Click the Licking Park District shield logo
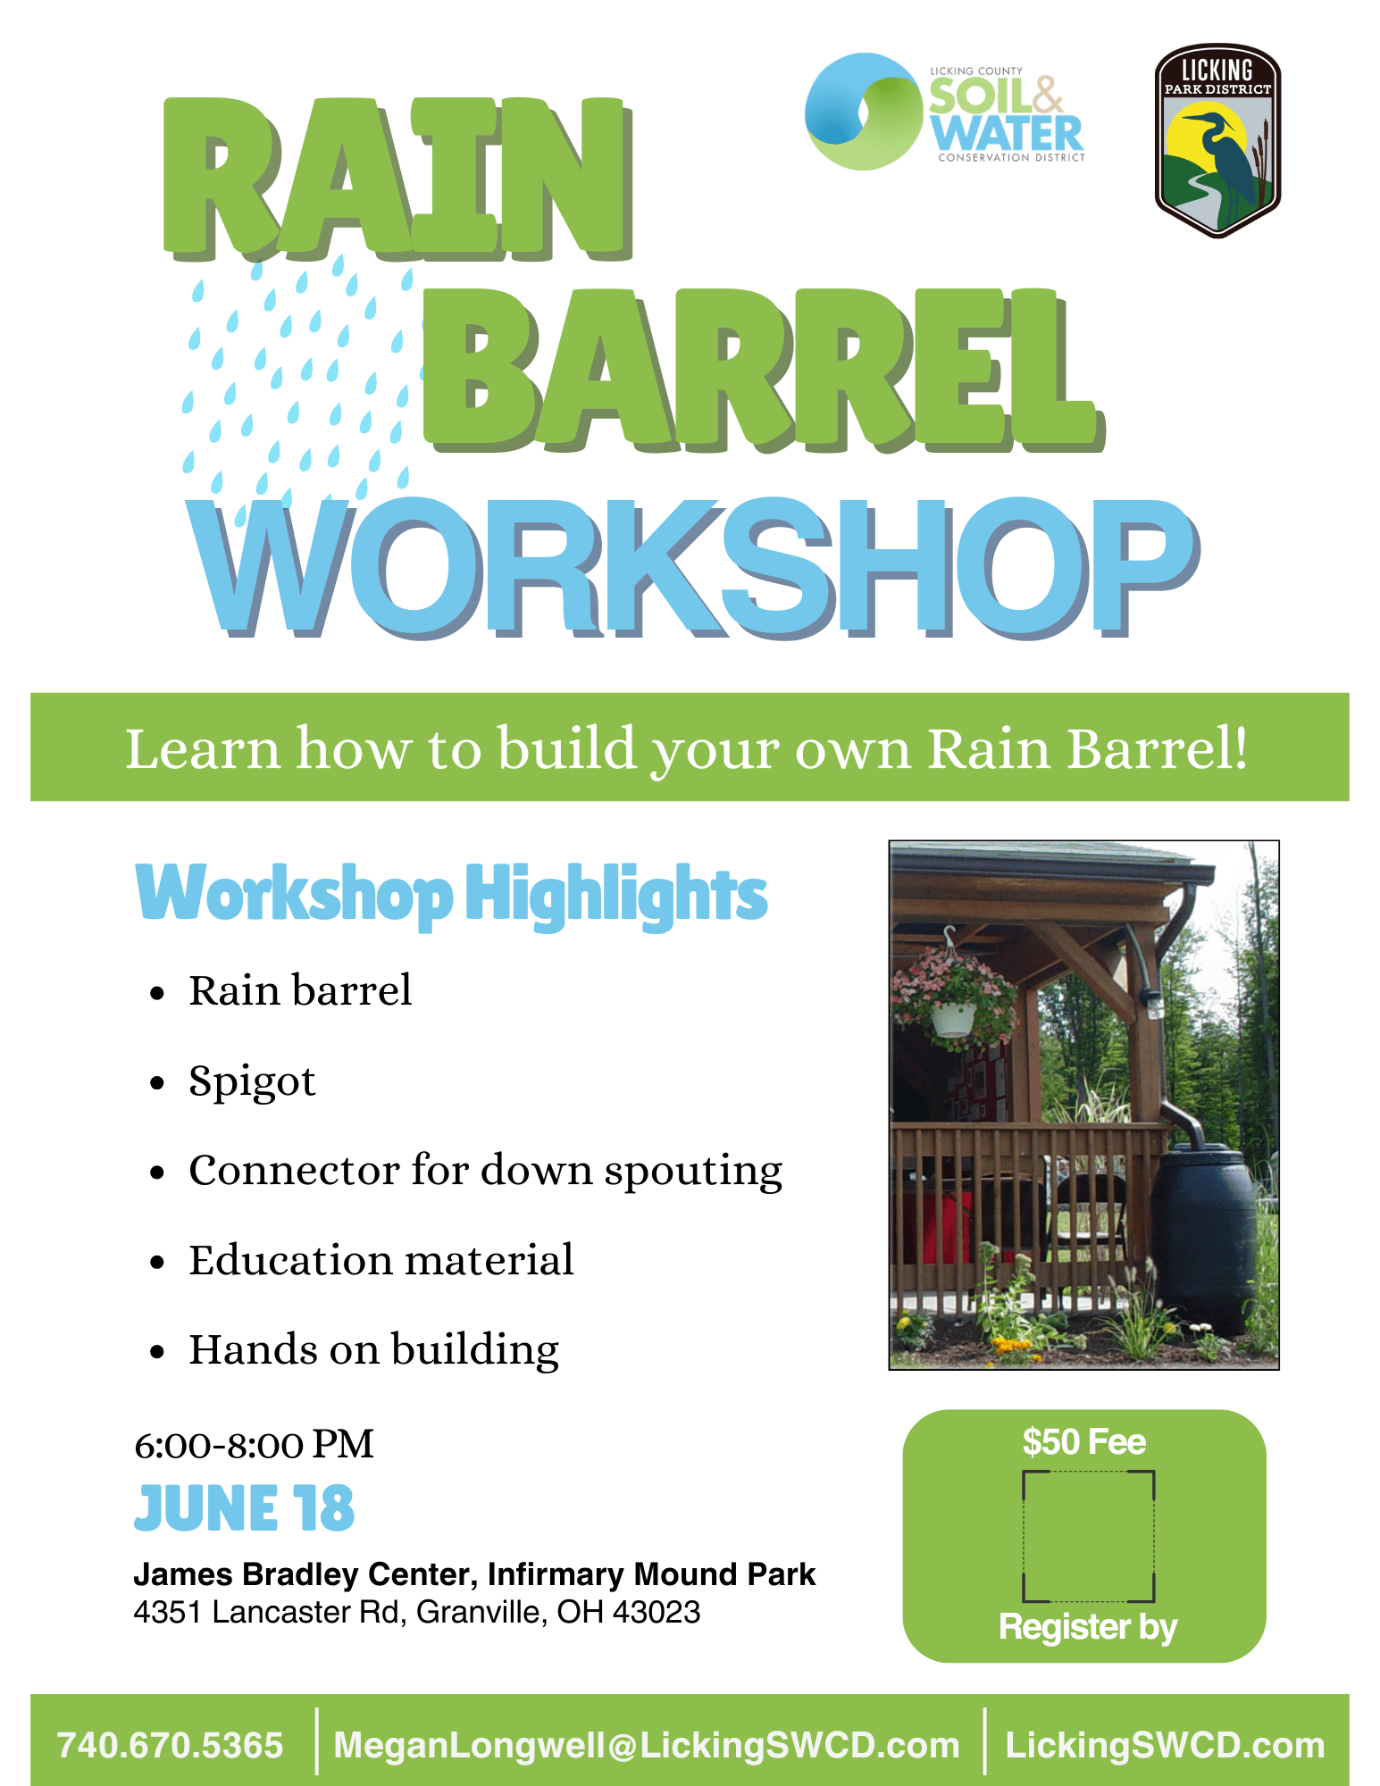click(x=1217, y=140)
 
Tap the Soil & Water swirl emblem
click(x=863, y=112)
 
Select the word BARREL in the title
click(x=764, y=370)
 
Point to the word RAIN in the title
click(x=398, y=179)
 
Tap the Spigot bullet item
click(x=252, y=1081)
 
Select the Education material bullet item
click(x=381, y=1260)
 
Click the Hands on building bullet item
click(x=374, y=1349)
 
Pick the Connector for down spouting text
click(x=486, y=1171)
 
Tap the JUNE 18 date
click(x=244, y=1508)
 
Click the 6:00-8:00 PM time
click(x=254, y=1445)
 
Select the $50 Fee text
click(x=1083, y=1442)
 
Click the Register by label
click(x=1088, y=1627)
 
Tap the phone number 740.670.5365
click(x=170, y=1746)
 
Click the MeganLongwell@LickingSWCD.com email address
click(x=647, y=1746)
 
